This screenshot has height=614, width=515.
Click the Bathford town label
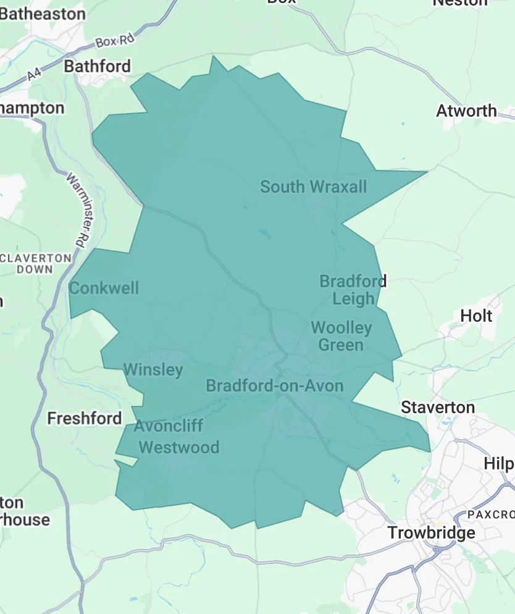[x=98, y=66]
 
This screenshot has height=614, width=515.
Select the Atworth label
[x=466, y=111]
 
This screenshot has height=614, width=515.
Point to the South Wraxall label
[x=313, y=187]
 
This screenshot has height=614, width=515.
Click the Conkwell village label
[x=104, y=288]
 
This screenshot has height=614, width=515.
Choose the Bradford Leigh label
[x=353, y=290]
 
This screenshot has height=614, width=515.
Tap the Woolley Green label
[x=341, y=335]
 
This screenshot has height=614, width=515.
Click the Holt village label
[x=476, y=316]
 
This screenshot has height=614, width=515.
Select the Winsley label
[x=153, y=370]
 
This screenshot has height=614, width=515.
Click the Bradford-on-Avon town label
[x=274, y=386]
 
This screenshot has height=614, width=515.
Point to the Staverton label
[x=438, y=407]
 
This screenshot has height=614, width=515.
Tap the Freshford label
[x=85, y=418]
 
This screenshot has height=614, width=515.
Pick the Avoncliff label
[x=168, y=426]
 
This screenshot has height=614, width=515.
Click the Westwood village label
[x=178, y=447]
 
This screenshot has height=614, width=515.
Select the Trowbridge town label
[x=431, y=532]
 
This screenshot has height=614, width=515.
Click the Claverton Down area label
[x=35, y=263]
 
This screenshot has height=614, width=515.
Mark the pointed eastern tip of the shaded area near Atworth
[x=427, y=172]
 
